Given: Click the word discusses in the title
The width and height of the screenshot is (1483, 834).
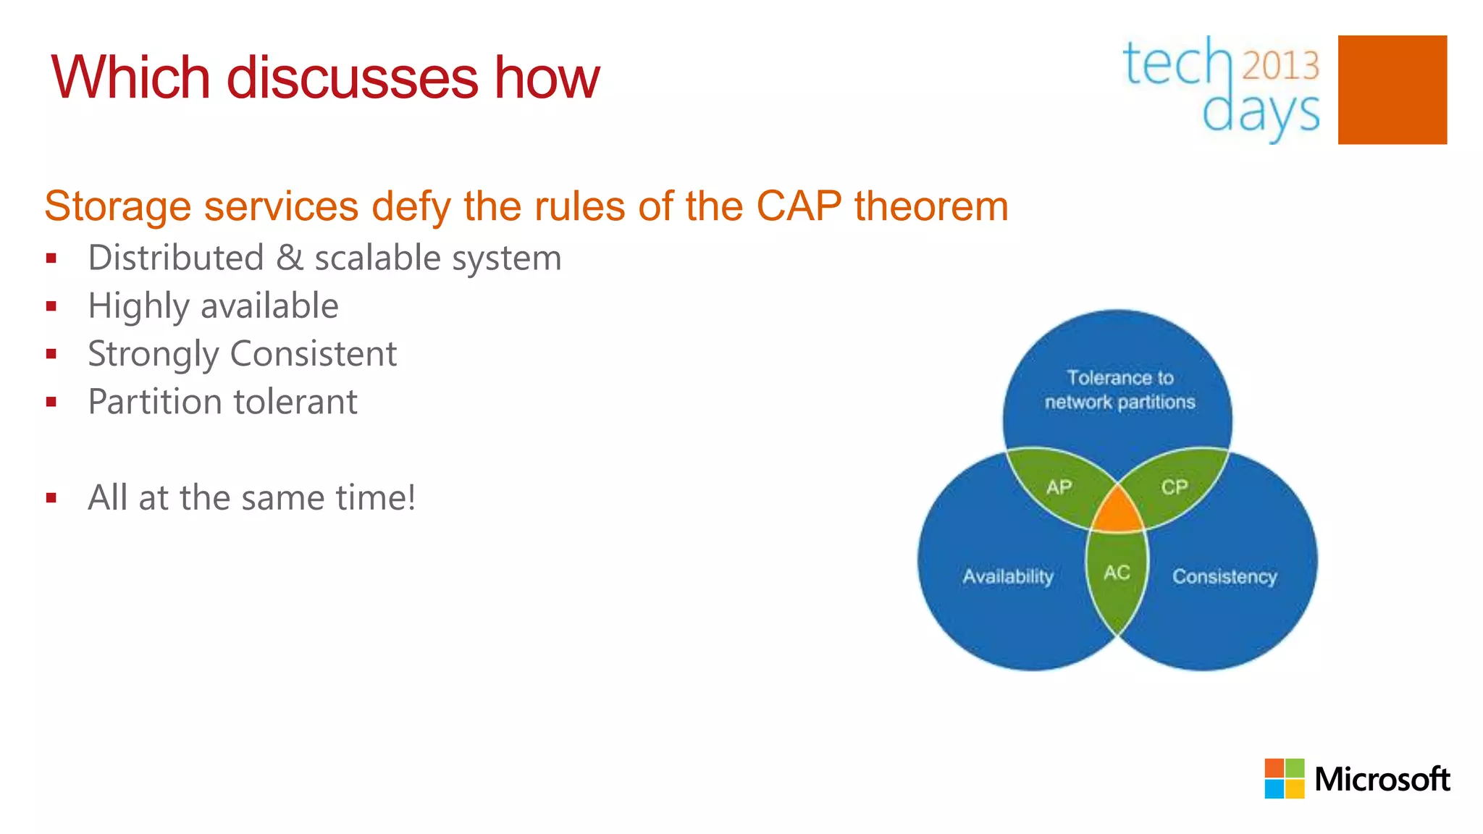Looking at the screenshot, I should pos(352,78).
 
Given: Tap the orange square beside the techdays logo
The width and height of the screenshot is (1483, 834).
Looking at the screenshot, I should pos(1392,90).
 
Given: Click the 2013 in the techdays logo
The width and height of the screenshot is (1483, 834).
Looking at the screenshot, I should pos(1281,66).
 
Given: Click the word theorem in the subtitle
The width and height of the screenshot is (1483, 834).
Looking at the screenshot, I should pos(931,206).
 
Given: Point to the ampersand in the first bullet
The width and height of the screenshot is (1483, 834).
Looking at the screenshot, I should pos(290,258).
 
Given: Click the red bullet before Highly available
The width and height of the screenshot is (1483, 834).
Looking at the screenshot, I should pos(51,306).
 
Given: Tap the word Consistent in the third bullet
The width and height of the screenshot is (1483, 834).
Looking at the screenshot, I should pos(314,354).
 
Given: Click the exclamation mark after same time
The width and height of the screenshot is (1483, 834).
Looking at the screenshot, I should pos(411,497).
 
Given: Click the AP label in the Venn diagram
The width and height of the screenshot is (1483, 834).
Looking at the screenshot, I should pos(1059,487).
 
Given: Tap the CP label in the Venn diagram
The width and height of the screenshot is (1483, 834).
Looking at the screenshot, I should pos(1175,487).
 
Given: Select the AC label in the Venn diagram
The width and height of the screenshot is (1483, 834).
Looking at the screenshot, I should pos(1117,573).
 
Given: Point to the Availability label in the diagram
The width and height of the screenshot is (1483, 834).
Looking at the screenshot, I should pos(1008,576).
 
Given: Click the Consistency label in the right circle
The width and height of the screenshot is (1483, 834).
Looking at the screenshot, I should pos(1224,576).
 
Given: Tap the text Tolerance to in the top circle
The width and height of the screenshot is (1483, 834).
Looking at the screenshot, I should pos(1119,378).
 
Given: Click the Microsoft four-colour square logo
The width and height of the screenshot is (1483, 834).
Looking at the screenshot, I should pos(1284,779).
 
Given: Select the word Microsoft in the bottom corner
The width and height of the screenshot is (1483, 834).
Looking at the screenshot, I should pos(1382,780).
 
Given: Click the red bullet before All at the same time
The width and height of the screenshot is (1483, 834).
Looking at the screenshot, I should pos(51,498).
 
